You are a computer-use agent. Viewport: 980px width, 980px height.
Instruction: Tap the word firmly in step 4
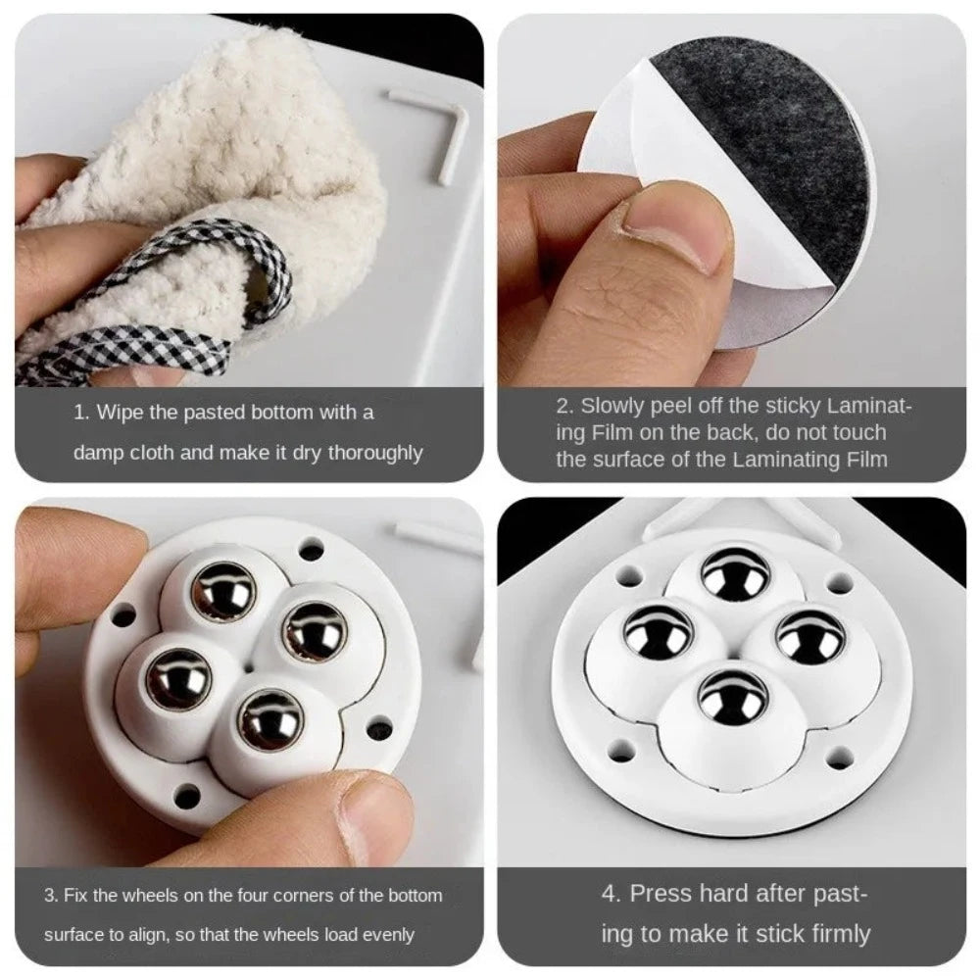(832, 934)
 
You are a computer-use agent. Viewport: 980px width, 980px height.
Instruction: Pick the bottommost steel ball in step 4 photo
(733, 698)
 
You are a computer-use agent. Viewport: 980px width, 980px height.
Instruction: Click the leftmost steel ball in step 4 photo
(658, 632)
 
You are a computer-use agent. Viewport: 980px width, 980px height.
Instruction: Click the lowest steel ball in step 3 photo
(270, 720)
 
